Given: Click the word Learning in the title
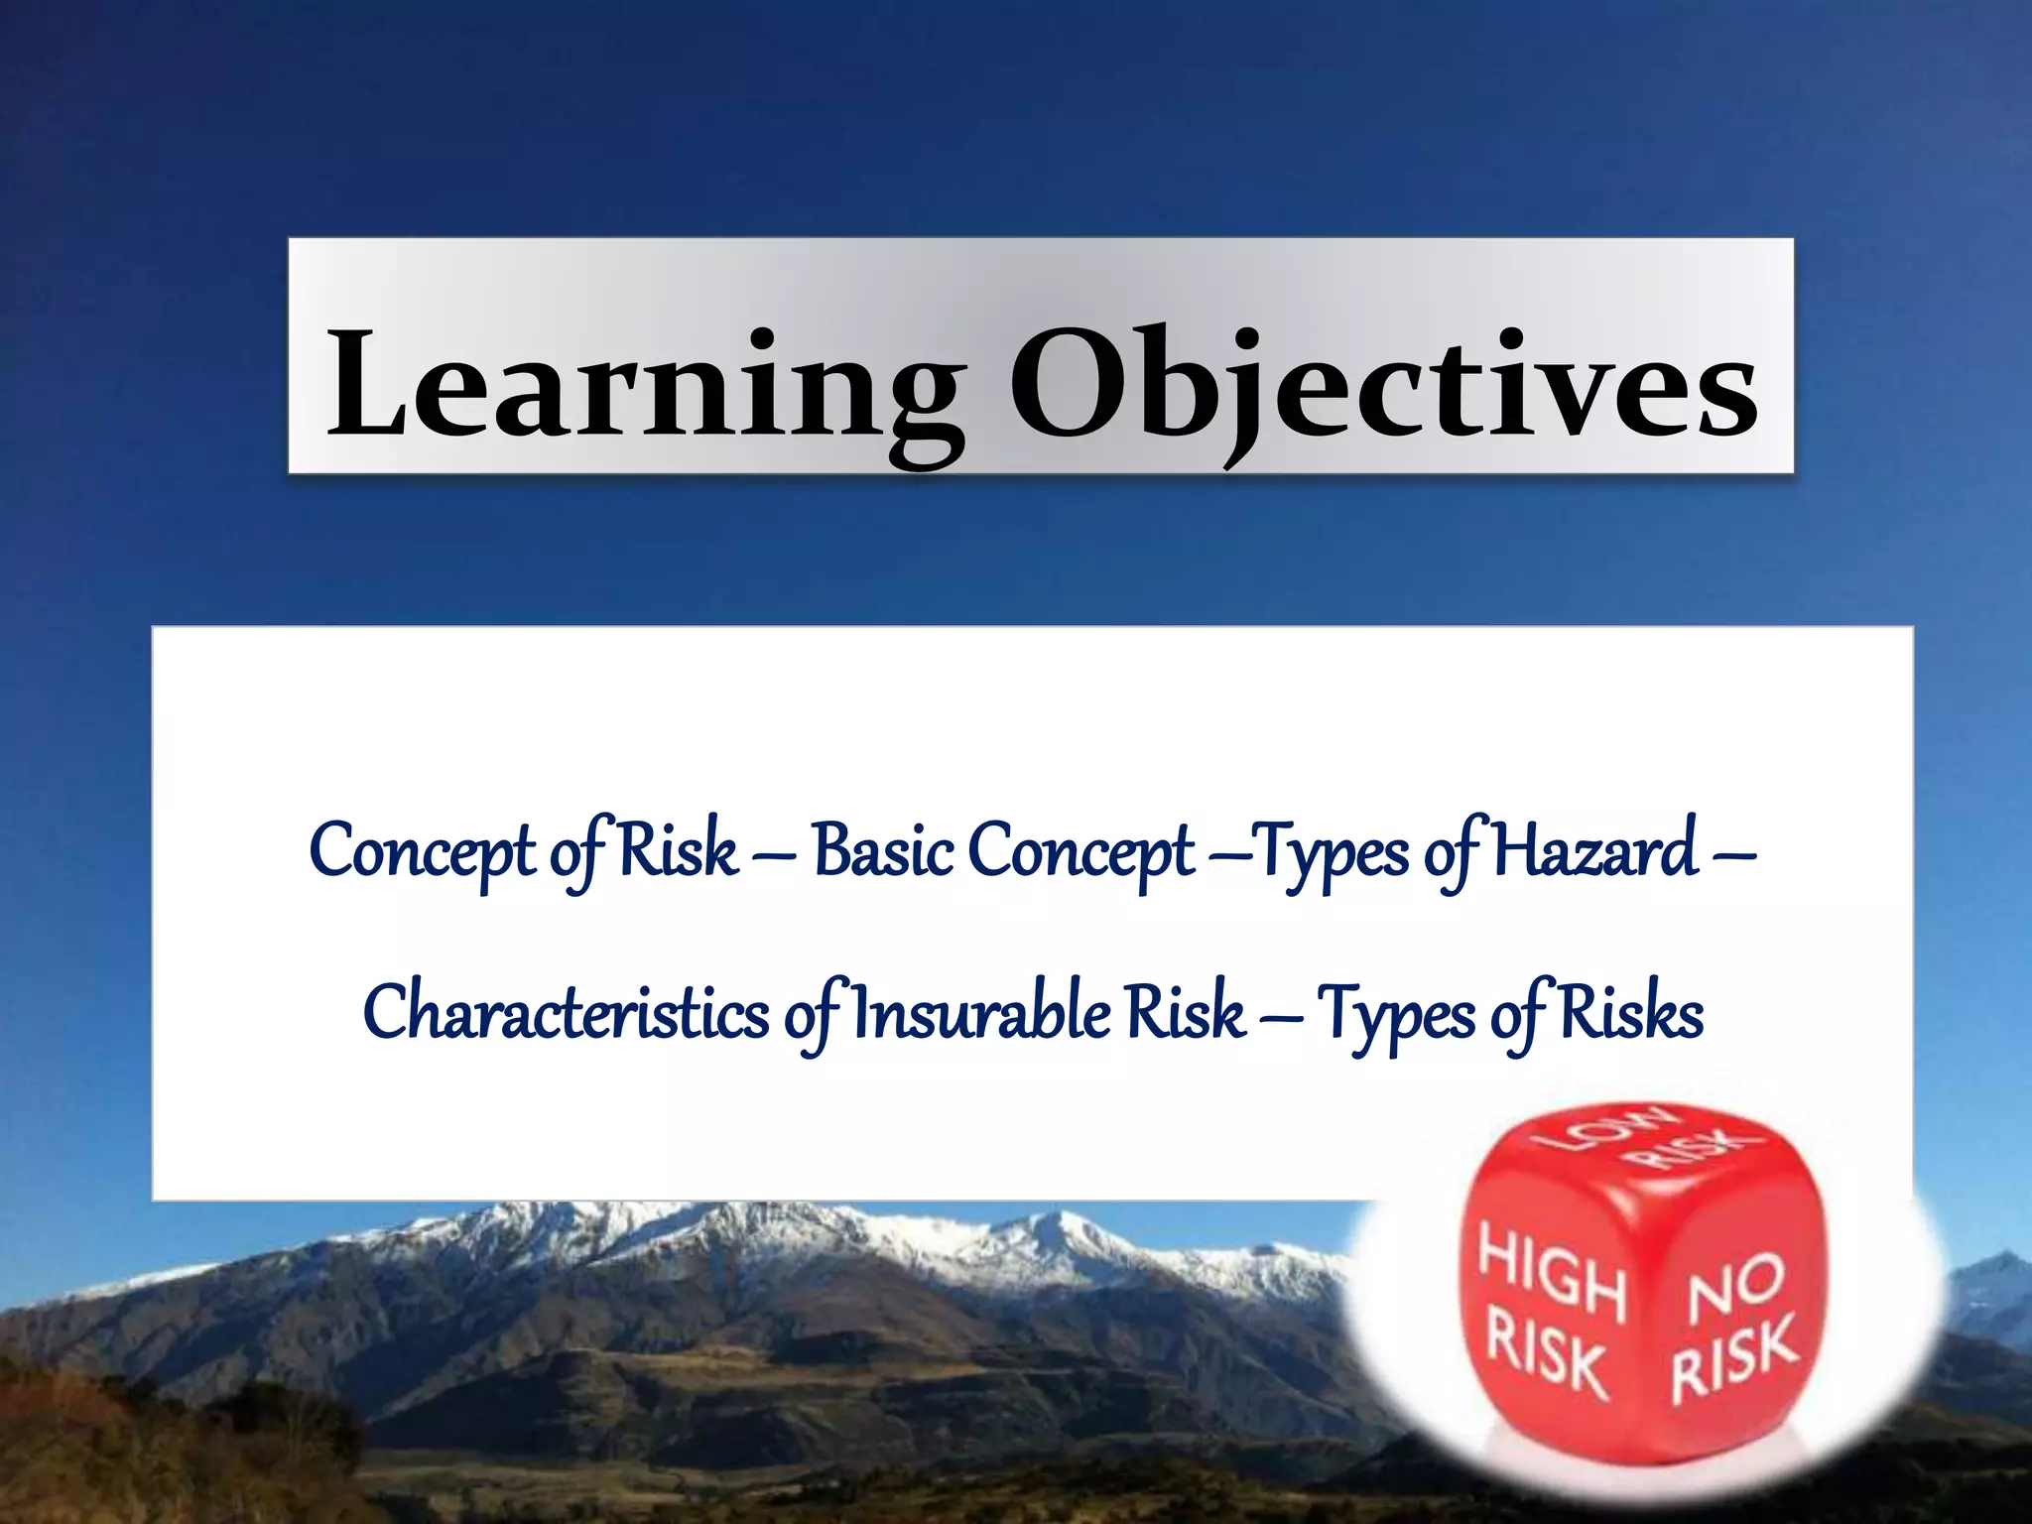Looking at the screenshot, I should click(x=645, y=387).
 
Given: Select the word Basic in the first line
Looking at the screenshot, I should click(x=884, y=851).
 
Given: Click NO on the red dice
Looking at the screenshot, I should click(x=1735, y=1284).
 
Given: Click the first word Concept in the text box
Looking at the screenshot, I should click(x=423, y=851).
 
